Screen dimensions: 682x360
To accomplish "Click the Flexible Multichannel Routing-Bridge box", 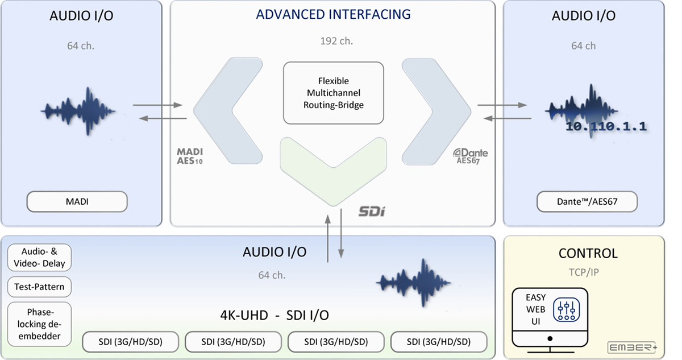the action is pos(334,93).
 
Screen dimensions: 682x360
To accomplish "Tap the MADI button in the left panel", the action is pos(77,202).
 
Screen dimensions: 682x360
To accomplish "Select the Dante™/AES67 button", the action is pos(587,202).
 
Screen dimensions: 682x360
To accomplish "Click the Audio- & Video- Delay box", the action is pos(39,258).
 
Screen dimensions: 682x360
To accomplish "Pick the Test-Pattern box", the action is pos(39,287).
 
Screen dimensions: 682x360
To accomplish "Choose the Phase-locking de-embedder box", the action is pos(39,324).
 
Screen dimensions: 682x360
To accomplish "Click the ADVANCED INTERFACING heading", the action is pos(333,14).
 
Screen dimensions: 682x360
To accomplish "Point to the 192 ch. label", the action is pos(336,41).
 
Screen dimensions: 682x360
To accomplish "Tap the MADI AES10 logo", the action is pos(190,156).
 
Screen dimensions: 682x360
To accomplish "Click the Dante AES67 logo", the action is pos(471,156).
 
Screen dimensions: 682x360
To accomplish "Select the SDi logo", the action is pos(372,212).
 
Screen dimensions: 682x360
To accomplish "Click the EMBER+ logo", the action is pos(632,347).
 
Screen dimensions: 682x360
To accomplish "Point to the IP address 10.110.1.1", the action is pos(606,126).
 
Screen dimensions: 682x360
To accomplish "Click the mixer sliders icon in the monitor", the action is pos(566,310).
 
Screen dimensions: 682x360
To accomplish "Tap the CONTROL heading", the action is pos(588,254).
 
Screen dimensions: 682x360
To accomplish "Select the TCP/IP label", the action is pos(584,272).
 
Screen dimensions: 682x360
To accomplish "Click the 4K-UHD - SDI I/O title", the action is pos(275,315).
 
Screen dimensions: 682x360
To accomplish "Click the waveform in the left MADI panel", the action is pos(78,111).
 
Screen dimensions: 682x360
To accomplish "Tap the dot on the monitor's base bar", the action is pos(550,339).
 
